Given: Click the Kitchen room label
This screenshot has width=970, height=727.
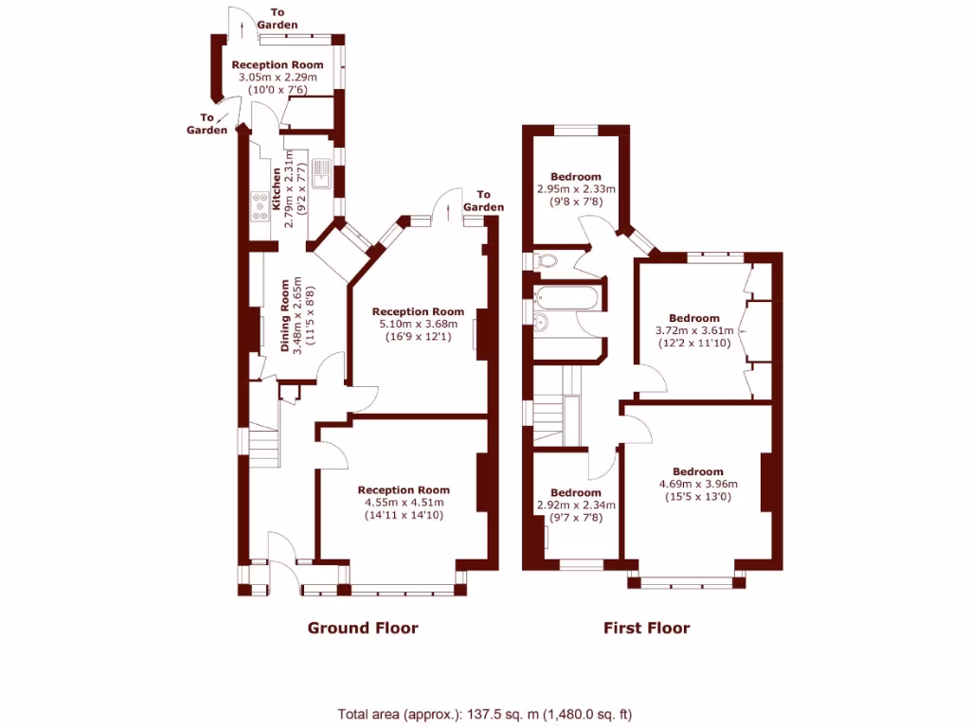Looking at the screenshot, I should coord(277,189).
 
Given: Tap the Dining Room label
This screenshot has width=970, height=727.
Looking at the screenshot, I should coord(285,315).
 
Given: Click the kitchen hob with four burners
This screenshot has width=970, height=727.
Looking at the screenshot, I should coord(259,205).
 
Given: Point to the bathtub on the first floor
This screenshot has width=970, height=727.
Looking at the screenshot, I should coord(567,299).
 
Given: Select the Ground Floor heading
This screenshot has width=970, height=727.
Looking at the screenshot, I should coord(362,628).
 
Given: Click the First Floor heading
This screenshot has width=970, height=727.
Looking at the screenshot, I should coord(647,628).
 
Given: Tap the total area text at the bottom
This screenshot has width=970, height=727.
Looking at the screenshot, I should coord(485,714).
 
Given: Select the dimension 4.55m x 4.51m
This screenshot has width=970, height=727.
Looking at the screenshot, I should coord(404,503).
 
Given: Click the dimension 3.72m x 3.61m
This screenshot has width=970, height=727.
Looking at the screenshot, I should coord(693,330).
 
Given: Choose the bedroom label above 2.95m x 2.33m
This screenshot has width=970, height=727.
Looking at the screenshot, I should coord(575,177).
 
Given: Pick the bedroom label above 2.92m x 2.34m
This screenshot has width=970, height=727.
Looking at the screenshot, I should coord(575,493).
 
